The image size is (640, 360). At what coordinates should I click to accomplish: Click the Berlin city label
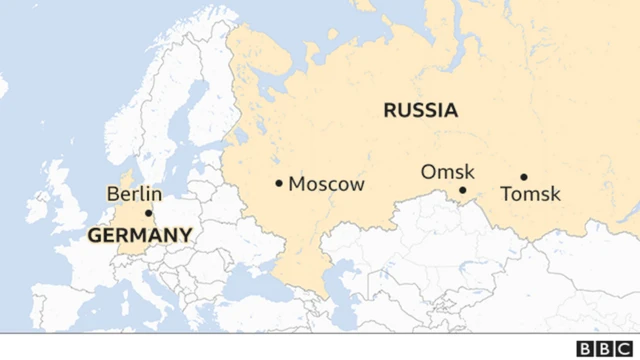[134, 194]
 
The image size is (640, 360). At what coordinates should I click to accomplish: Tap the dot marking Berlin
[149, 213]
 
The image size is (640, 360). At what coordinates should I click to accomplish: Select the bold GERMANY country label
[140, 236]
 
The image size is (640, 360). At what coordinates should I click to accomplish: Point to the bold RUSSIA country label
[421, 110]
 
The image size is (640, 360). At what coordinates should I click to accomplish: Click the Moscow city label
[327, 185]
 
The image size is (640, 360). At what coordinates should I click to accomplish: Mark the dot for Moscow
[279, 183]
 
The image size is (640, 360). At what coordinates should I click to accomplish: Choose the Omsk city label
[448, 172]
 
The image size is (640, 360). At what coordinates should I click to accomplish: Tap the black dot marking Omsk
[462, 190]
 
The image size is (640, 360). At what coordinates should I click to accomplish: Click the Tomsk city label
[530, 194]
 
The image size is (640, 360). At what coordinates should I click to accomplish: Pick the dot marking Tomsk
[523, 177]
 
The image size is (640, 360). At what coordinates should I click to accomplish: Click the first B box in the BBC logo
[585, 347]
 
